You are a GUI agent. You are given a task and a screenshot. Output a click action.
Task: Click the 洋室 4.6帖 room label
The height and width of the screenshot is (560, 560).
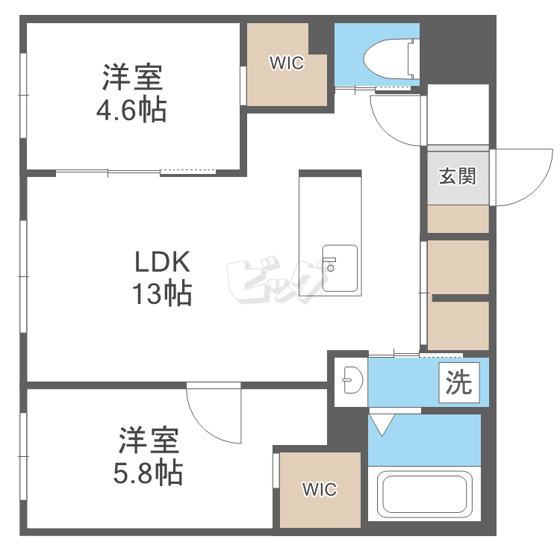pyautogui.click(x=131, y=94)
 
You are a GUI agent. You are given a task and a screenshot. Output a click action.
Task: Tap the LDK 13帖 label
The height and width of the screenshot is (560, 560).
pyautogui.click(x=163, y=278)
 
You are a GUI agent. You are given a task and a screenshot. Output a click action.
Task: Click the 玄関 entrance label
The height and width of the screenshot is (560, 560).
pyautogui.click(x=457, y=177)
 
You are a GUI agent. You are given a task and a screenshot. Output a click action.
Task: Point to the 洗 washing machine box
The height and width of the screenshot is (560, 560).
pyautogui.click(x=459, y=383)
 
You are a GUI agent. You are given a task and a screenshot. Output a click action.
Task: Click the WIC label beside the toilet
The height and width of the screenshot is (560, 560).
pyautogui.click(x=287, y=63)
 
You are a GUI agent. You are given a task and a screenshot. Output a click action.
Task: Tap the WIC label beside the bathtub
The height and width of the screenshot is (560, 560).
pyautogui.click(x=320, y=490)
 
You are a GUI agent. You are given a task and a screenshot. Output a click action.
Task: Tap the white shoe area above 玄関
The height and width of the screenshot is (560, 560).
pyautogui.click(x=458, y=113)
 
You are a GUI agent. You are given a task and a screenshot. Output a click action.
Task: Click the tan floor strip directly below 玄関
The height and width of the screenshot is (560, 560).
pyautogui.click(x=458, y=219)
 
